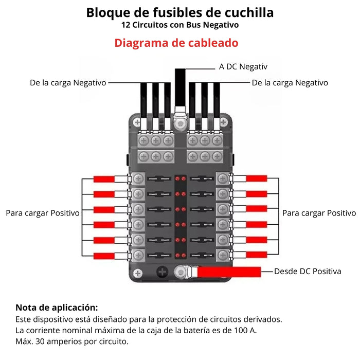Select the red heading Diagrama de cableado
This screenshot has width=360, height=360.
pos(176,43)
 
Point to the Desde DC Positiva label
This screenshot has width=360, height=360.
pos(308,271)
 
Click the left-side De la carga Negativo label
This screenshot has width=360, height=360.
pos(68,82)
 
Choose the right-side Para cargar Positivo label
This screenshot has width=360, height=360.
pos(319,212)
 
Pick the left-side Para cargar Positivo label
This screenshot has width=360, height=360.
pos(43,212)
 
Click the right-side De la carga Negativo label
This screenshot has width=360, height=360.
pos(290,82)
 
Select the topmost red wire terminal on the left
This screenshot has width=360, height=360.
pos(104,179)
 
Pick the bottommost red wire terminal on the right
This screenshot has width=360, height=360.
pos(256,255)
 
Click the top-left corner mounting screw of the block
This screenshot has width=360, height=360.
pos(137,122)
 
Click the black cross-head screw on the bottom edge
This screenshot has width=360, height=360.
pos(163,273)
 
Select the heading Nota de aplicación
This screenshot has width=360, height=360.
pos(57,308)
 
